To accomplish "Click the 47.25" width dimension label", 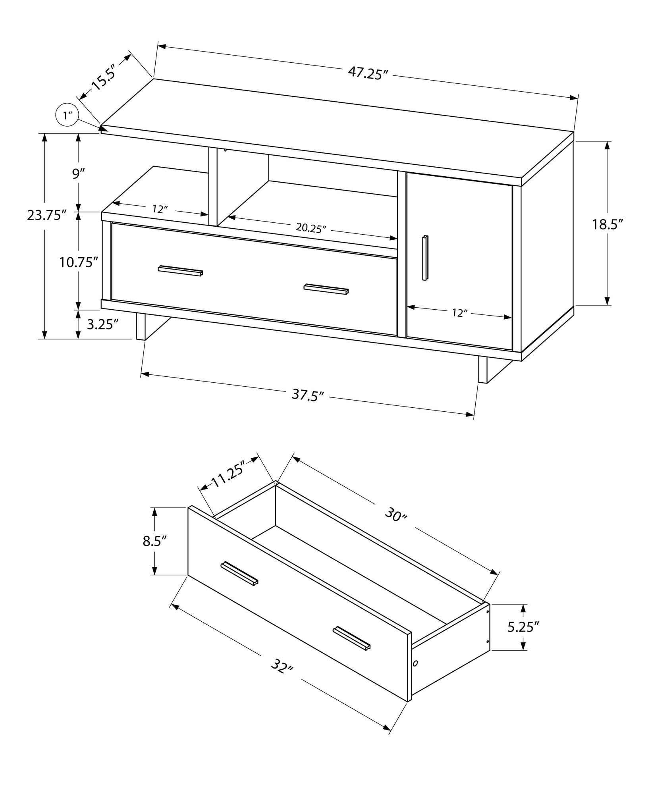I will coord(367,73).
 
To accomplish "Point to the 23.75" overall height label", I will coord(46,215).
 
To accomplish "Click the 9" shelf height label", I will coord(79,173).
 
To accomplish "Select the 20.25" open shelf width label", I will coord(311,228).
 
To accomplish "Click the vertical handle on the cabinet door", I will coord(425,258).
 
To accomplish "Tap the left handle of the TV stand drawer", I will coord(180,270).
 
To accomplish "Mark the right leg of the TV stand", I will coord(483,369).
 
